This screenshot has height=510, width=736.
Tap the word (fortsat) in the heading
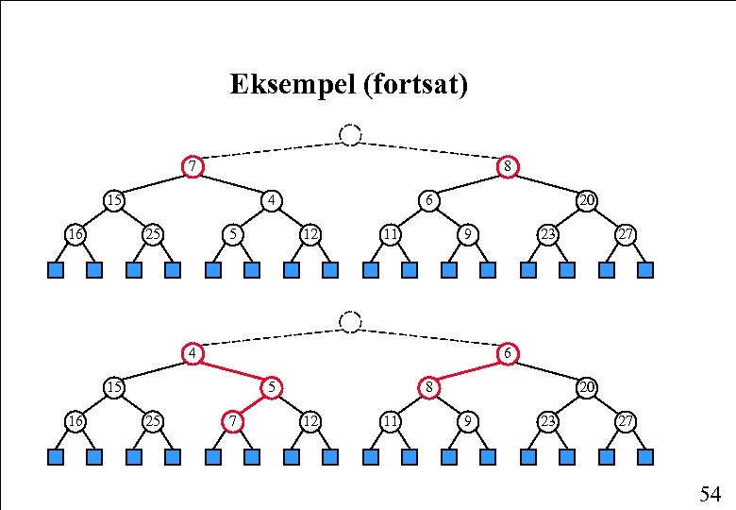(413, 86)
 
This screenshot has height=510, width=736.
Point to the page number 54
(710, 493)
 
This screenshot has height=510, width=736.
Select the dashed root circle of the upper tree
(350, 135)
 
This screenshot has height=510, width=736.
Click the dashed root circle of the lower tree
(350, 322)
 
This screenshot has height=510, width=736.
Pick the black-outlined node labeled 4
(271, 200)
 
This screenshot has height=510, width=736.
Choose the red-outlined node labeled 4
(192, 354)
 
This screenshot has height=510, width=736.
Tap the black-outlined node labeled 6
(428, 200)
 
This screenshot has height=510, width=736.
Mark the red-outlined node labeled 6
(508, 354)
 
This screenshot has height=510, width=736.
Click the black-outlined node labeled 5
(231, 233)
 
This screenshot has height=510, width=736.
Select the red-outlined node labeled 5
(271, 386)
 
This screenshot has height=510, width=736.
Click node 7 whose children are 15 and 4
(192, 167)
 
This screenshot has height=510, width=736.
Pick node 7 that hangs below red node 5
(231, 419)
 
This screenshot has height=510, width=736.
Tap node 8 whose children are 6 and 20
(508, 167)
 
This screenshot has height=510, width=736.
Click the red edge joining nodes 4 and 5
(231, 370)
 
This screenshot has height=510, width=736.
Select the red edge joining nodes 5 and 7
(251, 403)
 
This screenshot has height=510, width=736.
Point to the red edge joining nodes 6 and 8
(468, 370)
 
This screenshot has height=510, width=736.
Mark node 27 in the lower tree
(626, 419)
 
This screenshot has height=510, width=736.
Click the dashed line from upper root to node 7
(271, 151)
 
